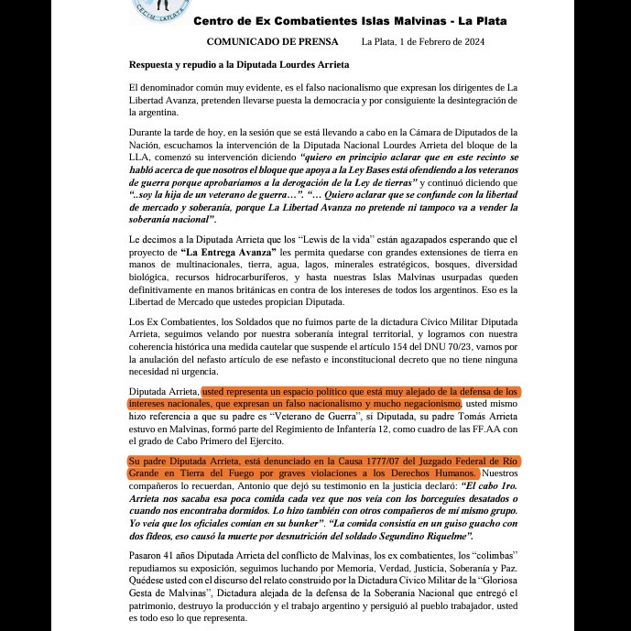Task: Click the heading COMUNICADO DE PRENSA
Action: pyautogui.click(x=272, y=42)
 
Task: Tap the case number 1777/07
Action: pyautogui.click(x=348, y=458)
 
